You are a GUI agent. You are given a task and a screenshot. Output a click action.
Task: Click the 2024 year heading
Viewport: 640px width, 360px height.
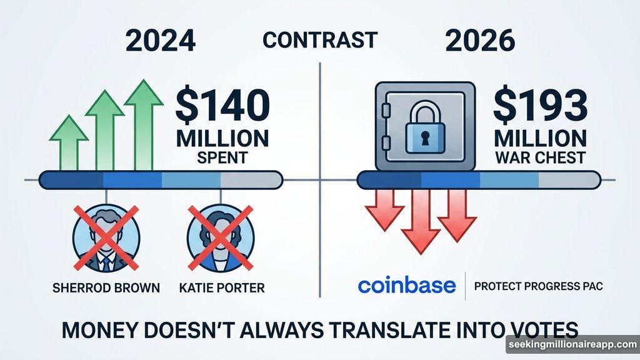(161, 41)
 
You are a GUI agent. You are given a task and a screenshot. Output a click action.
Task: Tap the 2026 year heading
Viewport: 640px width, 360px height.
(480, 41)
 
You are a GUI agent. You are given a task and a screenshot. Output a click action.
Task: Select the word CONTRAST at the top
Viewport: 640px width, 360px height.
(320, 40)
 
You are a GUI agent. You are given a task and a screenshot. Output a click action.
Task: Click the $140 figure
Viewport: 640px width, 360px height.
(222, 105)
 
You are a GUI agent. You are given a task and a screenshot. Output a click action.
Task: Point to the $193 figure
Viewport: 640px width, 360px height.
(541, 105)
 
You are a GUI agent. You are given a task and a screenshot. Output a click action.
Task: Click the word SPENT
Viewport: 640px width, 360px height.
(222, 157)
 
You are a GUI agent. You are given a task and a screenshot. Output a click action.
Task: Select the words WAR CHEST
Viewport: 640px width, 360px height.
(541, 157)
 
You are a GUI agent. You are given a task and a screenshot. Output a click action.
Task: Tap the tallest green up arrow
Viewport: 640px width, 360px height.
(144, 124)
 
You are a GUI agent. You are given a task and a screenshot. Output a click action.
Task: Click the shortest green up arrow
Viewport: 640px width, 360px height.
(69, 142)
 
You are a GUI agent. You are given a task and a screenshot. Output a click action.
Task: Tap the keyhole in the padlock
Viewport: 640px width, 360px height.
(425, 138)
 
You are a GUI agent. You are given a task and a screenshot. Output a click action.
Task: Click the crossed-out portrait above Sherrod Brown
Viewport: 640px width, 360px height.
(106, 238)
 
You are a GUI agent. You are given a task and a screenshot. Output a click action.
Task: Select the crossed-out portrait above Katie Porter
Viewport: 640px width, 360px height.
(221, 238)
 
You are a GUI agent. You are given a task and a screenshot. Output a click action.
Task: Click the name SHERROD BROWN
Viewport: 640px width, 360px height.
(106, 287)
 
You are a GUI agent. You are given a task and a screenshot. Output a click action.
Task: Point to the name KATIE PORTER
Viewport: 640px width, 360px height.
(222, 287)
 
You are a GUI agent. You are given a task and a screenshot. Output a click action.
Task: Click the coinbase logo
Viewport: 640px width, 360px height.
(407, 286)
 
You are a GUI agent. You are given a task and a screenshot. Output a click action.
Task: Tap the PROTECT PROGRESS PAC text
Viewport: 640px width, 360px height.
(538, 286)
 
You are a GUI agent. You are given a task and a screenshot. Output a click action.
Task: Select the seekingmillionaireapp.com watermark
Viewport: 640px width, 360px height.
(573, 344)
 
